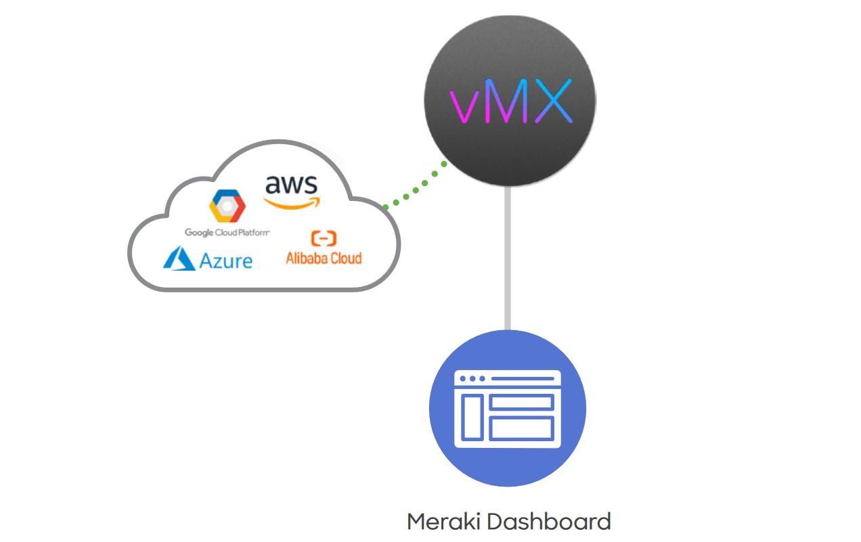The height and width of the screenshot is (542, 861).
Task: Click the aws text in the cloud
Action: click(x=291, y=184)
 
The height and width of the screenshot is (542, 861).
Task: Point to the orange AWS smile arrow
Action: click(x=291, y=202)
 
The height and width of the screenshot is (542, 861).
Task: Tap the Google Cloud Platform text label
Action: click(x=227, y=233)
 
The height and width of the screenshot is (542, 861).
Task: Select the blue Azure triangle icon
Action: click(x=179, y=258)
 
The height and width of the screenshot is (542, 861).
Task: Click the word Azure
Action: click(x=226, y=260)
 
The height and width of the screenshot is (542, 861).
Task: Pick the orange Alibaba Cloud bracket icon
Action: click(x=324, y=238)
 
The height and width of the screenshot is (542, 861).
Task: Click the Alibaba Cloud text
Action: click(x=324, y=258)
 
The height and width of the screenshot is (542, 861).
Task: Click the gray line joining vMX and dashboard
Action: click(x=508, y=257)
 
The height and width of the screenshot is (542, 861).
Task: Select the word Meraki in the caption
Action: click(x=444, y=522)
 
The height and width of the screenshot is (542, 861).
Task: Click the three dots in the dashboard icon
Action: click(x=472, y=379)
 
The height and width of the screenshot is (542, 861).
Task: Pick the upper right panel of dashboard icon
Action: click(x=521, y=403)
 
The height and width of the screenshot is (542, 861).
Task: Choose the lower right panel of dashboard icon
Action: click(x=521, y=428)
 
